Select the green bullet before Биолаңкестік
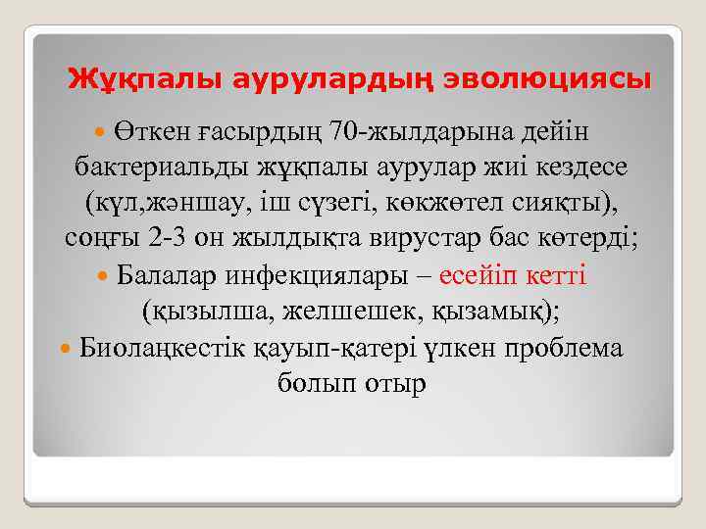(x=66, y=347)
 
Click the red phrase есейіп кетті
(x=514, y=274)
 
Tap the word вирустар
(x=444, y=238)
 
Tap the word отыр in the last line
(x=396, y=383)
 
